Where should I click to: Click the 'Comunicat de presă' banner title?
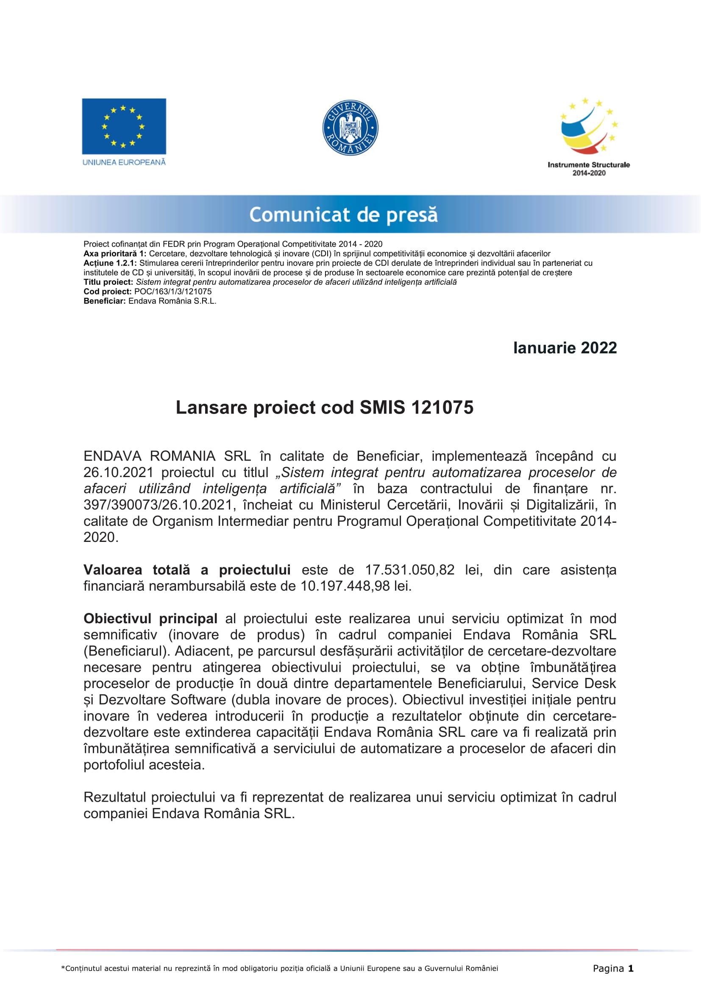[343, 214]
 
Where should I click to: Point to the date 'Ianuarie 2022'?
[565, 348]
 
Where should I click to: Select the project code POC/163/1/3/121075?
[172, 292]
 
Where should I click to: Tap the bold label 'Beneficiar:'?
[104, 301]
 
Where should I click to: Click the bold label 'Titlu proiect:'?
[108, 282]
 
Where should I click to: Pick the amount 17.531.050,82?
[410, 570]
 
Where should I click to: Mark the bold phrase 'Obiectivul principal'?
[150, 619]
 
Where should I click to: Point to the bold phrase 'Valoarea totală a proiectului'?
[186, 570]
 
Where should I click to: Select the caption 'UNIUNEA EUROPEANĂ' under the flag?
[124, 162]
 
